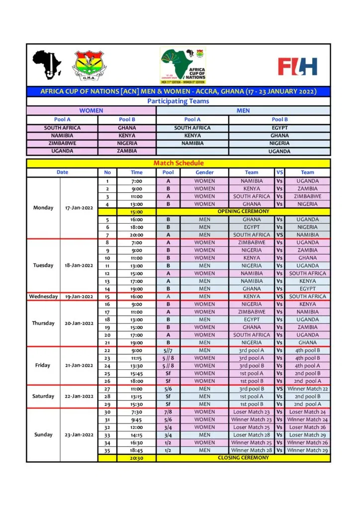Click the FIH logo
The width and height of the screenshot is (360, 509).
[297, 66]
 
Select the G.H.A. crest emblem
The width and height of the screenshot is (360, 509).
[89, 66]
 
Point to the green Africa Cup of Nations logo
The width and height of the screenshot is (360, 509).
[182, 66]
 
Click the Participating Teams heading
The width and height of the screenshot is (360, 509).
[178, 101]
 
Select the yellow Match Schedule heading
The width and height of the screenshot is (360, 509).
[178, 163]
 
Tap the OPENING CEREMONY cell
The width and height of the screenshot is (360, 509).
[243, 211]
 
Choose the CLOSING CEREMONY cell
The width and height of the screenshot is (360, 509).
[243, 458]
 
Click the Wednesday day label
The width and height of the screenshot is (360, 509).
[43, 297]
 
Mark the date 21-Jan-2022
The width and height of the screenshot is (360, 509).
[79, 365]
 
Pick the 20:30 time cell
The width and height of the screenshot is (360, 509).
[136, 458]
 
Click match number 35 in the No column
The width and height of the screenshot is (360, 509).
[107, 450]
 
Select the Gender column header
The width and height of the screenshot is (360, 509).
[204, 172]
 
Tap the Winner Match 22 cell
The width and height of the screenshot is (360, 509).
[307, 389]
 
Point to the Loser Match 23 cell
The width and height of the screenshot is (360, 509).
[252, 412]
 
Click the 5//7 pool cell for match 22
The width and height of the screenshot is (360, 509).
[168, 350]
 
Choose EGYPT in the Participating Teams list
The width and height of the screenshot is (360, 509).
[279, 128]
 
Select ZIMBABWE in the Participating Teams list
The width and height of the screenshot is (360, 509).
[63, 143]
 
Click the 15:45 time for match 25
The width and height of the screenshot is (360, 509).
[136, 373]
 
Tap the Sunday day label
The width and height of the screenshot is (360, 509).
[43, 434]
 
